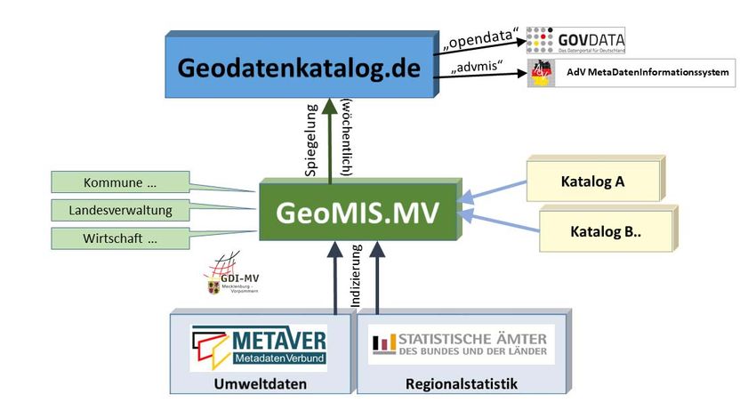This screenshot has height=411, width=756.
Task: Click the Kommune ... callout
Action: tap(119, 183)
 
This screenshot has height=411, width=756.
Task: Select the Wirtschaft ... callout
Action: tap(119, 238)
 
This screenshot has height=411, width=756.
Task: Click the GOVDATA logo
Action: tap(575, 41)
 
